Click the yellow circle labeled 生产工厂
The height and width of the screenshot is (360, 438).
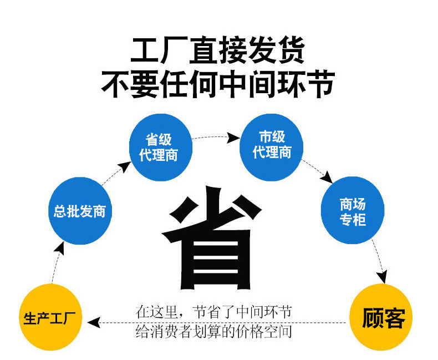point(50,317)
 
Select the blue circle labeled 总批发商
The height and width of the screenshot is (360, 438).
point(80,211)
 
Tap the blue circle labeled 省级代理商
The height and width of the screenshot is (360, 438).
point(161,148)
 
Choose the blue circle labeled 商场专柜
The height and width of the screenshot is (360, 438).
point(353,210)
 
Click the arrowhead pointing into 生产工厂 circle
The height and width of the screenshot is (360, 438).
point(94,322)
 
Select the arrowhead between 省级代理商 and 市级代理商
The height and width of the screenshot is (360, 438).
point(232,138)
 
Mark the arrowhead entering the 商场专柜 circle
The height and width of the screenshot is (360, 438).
point(327,178)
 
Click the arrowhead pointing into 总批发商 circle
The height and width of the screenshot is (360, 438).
point(60,248)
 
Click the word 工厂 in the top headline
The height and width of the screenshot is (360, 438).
point(159,50)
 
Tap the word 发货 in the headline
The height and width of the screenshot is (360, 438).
point(277,50)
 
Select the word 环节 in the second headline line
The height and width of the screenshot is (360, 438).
point(307,84)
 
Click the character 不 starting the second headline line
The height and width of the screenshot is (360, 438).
point(115,84)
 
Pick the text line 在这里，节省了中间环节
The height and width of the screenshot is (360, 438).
point(214,312)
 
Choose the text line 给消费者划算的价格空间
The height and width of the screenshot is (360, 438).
point(214,332)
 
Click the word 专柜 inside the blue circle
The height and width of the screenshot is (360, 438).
point(353,220)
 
